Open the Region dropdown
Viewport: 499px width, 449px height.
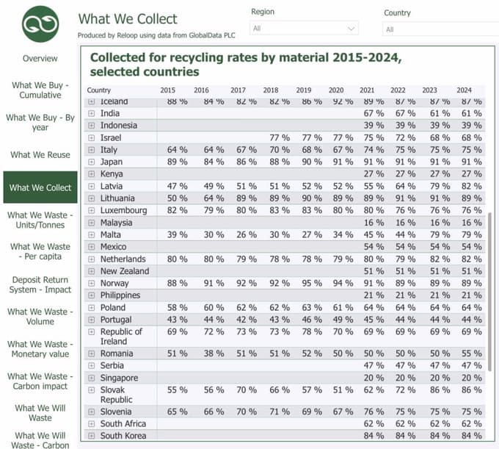(x=304, y=28)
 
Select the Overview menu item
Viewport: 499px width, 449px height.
(x=40, y=59)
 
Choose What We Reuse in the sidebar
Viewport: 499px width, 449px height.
(x=40, y=155)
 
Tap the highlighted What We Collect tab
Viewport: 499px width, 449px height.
(x=40, y=187)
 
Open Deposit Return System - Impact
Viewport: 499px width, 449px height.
(x=40, y=285)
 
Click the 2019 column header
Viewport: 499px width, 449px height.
(x=304, y=90)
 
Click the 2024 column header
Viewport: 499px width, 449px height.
(x=464, y=90)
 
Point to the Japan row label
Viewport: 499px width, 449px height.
(x=112, y=162)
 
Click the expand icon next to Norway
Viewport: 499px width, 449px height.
(x=92, y=284)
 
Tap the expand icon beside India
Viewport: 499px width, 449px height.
(x=92, y=114)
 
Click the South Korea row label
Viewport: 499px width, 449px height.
(x=123, y=436)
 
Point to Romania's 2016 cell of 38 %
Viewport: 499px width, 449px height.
(x=213, y=353)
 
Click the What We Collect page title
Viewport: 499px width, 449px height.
(x=128, y=19)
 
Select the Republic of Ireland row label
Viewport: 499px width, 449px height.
(x=121, y=337)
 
